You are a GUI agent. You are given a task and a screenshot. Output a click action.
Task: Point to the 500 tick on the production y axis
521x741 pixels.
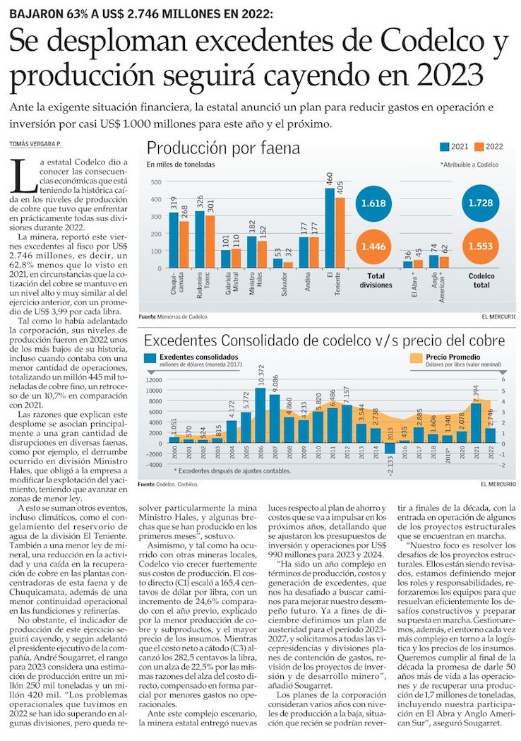coord(155,182)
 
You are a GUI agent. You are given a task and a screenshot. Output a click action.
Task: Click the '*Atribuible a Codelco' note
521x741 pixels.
coord(469,165)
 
